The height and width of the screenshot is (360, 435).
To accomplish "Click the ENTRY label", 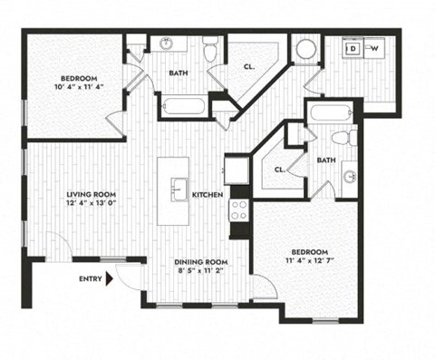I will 90,279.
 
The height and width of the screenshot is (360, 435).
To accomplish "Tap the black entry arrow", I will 110,279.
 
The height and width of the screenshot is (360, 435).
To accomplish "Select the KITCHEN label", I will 208,194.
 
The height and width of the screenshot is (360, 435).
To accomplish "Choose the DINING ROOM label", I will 200,262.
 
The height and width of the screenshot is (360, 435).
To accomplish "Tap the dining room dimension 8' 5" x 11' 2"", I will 200,272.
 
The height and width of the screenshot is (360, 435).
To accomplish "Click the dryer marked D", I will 354,48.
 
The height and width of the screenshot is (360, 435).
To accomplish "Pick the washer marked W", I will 374,48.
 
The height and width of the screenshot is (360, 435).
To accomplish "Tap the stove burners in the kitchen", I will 240,210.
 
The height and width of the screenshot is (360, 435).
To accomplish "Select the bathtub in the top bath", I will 184,106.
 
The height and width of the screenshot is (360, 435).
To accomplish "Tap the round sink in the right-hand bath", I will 348,174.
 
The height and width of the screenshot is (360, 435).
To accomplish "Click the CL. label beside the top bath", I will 247,65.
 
